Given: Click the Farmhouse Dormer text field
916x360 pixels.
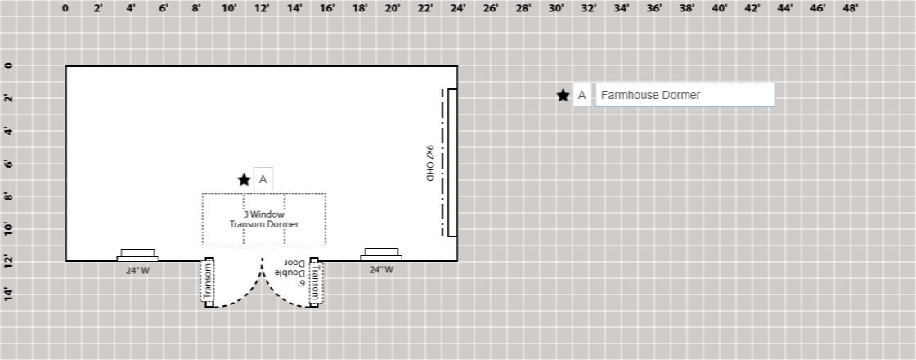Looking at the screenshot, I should pyautogui.click(x=685, y=95).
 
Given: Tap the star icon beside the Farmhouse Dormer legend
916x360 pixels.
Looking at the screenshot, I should pyautogui.click(x=563, y=95).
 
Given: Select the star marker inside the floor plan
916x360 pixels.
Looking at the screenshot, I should pyautogui.click(x=244, y=179).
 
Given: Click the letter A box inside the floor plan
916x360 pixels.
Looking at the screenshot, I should pyautogui.click(x=263, y=179).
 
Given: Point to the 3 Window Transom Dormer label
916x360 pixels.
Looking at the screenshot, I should pyautogui.click(x=264, y=219).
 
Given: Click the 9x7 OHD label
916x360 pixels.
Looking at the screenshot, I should pyautogui.click(x=429, y=163).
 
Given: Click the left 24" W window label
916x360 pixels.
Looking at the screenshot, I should pyautogui.click(x=137, y=270).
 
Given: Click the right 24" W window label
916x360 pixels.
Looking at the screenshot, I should pyautogui.click(x=381, y=269).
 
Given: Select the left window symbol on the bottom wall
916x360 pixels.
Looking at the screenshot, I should pyautogui.click(x=137, y=254).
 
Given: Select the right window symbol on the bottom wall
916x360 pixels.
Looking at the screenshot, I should pyautogui.click(x=381, y=254).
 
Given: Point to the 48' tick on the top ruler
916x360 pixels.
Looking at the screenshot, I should pyautogui.click(x=851, y=9).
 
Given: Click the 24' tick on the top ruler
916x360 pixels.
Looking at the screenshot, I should pyautogui.click(x=458, y=9).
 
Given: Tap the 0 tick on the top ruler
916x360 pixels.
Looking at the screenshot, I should pyautogui.click(x=65, y=9).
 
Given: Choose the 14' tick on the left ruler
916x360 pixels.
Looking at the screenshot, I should pyautogui.click(x=9, y=294).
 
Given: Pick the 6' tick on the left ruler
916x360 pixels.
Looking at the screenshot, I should pyautogui.click(x=9, y=164).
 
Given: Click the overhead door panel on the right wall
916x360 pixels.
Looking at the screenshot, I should pyautogui.click(x=451, y=162).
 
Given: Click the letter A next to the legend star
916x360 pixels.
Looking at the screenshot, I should pyautogui.click(x=581, y=95).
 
